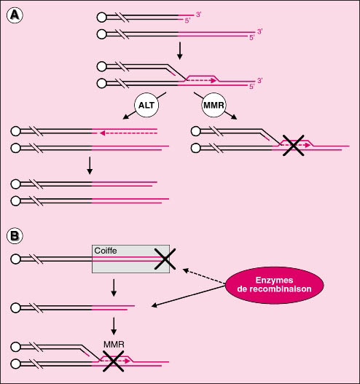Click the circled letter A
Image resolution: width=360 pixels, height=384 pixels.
click(x=15, y=15)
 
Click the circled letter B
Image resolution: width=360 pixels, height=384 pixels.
click(x=15, y=236)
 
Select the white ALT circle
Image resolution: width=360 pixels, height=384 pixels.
click(x=146, y=105)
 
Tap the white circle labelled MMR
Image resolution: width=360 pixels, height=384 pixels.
click(x=214, y=105)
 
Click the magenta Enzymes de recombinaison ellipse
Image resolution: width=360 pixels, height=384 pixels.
click(x=274, y=285)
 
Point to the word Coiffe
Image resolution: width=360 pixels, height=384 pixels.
click(x=106, y=251)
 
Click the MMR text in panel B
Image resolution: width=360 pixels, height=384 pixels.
click(x=114, y=345)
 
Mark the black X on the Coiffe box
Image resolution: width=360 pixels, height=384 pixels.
click(x=165, y=259)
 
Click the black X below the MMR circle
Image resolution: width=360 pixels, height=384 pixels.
click(x=294, y=146)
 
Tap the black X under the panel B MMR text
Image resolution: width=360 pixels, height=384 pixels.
click(x=113, y=361)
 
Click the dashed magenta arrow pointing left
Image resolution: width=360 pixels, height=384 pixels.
click(x=128, y=133)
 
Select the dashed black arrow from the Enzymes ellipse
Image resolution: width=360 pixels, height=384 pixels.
click(x=204, y=276)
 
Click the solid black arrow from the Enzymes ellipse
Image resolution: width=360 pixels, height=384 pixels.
click(x=188, y=296)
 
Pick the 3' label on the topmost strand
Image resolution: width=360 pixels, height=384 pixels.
click(x=198, y=15)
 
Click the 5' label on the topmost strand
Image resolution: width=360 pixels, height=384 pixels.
click(x=187, y=20)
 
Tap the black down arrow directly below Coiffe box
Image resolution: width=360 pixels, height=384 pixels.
click(x=114, y=288)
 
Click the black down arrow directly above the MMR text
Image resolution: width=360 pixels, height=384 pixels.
click(x=114, y=326)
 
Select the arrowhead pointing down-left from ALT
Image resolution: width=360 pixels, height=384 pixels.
click(x=125, y=117)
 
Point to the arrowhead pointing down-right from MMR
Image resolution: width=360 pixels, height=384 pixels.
click(x=235, y=117)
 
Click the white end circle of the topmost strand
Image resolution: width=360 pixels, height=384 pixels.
click(x=101, y=17)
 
